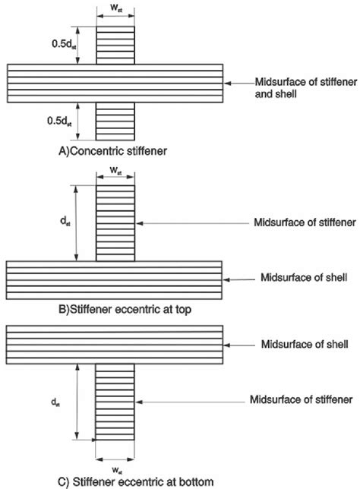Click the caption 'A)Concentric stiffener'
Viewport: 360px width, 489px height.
[112, 151]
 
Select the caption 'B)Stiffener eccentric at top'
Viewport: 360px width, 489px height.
[125, 310]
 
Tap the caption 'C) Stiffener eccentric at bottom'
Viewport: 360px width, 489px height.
[136, 481]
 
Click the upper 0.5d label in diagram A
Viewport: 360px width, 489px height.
[64, 44]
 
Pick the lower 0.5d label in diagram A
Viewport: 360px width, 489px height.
[59, 121]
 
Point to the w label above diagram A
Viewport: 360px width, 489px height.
[116, 8]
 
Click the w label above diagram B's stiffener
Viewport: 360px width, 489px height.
[116, 171]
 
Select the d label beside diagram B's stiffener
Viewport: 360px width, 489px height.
[65, 222]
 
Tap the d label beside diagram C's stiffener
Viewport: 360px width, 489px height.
[55, 402]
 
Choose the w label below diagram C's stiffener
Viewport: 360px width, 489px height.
[116, 470]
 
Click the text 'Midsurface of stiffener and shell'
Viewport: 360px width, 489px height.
[306, 88]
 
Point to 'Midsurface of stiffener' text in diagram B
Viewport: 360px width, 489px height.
[305, 222]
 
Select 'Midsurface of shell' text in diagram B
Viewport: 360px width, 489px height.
[304, 277]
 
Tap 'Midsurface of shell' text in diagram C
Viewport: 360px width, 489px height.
[305, 344]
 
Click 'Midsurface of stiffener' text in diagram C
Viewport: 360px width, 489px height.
[301, 399]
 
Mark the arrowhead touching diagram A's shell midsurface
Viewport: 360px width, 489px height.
[227, 84]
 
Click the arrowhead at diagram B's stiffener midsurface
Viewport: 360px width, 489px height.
[139, 223]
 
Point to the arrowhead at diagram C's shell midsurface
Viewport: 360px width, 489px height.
[227, 345]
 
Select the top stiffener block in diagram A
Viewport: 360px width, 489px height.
[115, 46]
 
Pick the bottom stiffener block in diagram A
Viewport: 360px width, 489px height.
[115, 121]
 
